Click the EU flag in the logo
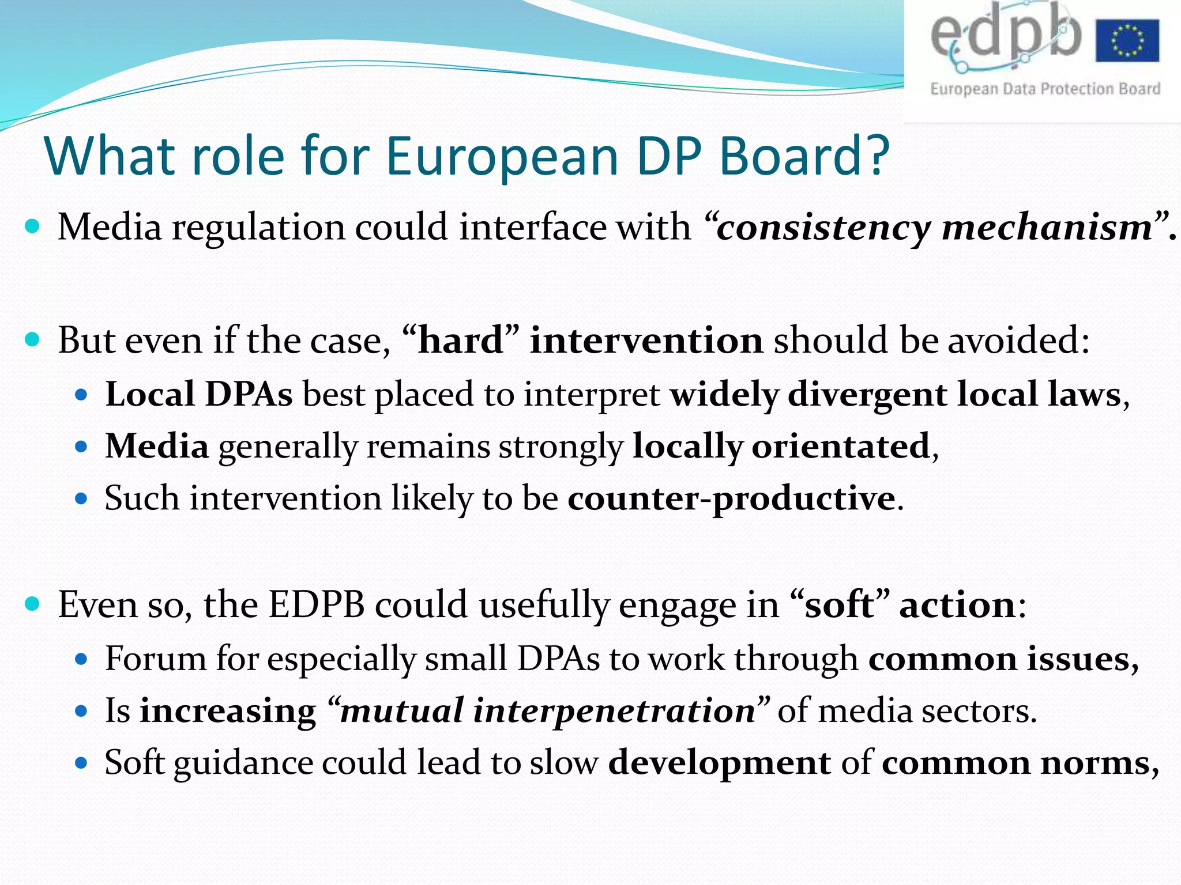(x=1127, y=40)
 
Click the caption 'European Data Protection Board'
(x=1045, y=89)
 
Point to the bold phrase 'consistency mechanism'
(x=934, y=227)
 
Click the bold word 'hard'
(x=460, y=340)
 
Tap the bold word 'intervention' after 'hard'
(x=646, y=340)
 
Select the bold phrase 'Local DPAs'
(x=198, y=395)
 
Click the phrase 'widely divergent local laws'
(x=896, y=395)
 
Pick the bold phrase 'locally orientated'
(x=781, y=447)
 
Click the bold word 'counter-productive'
(x=731, y=498)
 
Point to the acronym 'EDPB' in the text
(x=317, y=605)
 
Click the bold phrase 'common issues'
(x=1000, y=659)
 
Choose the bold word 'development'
(x=719, y=762)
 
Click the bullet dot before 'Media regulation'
(x=33, y=226)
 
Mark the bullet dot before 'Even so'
(x=33, y=604)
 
